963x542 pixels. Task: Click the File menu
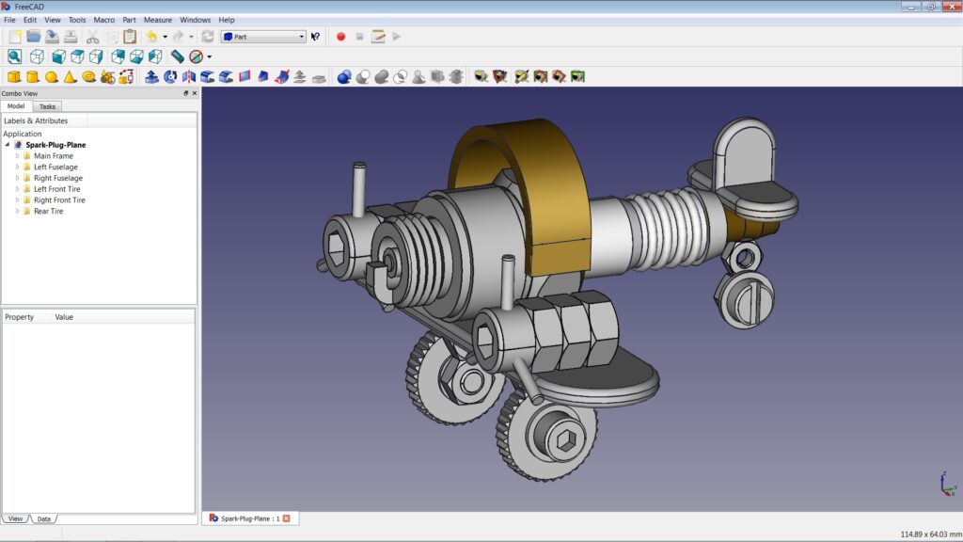point(9,20)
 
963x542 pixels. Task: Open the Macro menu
point(103,20)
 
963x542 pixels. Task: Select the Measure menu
point(157,20)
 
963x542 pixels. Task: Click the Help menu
point(227,20)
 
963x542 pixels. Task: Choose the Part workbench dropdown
point(263,37)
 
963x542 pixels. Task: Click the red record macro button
point(340,37)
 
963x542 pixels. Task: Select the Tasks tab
point(47,106)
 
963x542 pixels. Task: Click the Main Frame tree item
point(53,156)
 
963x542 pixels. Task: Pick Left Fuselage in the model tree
point(55,167)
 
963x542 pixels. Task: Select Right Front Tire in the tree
point(59,200)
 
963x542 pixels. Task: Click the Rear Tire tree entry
point(48,212)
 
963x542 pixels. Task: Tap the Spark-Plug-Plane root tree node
point(55,145)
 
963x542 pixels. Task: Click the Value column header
point(64,317)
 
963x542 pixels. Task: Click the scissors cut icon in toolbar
point(92,37)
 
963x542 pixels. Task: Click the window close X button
point(951,7)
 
